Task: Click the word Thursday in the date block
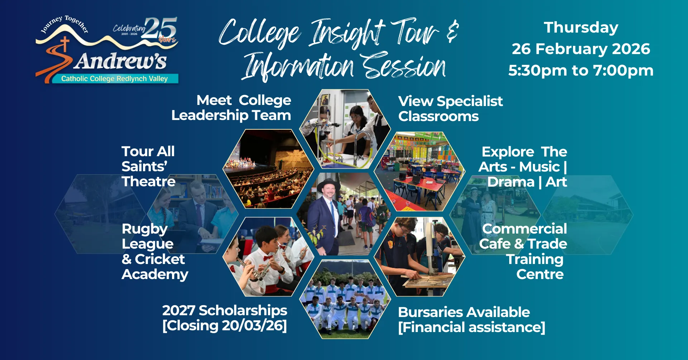pos(581,28)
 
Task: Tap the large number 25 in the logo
pos(161,28)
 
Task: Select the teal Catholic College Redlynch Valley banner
pos(115,78)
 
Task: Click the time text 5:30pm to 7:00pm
pos(581,71)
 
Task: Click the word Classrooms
pos(439,116)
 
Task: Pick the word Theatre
pos(148,182)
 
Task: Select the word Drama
pos(511,182)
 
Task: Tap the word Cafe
pos(495,244)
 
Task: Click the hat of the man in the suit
pos(328,185)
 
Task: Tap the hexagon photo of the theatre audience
pos(268,169)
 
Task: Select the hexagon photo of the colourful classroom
pos(420,171)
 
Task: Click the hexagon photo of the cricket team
pos(345,299)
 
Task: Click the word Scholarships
pos(243,311)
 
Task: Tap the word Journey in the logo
pos(52,24)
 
